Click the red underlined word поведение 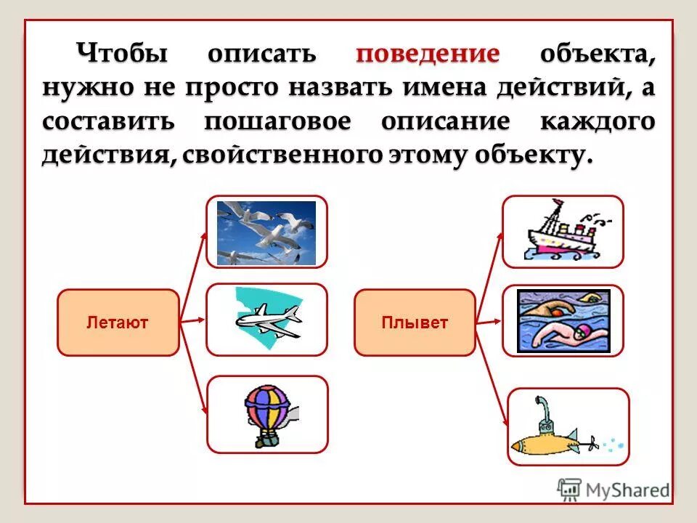[428, 54]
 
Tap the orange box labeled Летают [118, 323]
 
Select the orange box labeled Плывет [415, 323]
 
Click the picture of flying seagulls [266, 233]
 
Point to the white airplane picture [268, 320]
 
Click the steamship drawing [563, 232]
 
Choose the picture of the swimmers [563, 320]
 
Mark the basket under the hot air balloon [268, 440]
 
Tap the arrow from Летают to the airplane [193, 320]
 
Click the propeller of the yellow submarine [592, 442]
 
